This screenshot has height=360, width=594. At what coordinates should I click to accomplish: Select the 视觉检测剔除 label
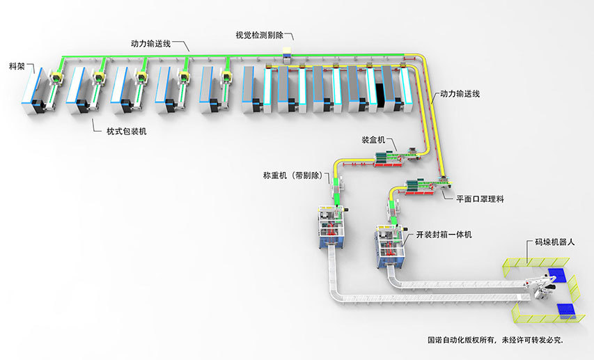pos(259,35)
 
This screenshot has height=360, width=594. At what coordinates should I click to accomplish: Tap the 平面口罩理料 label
pos(480,198)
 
